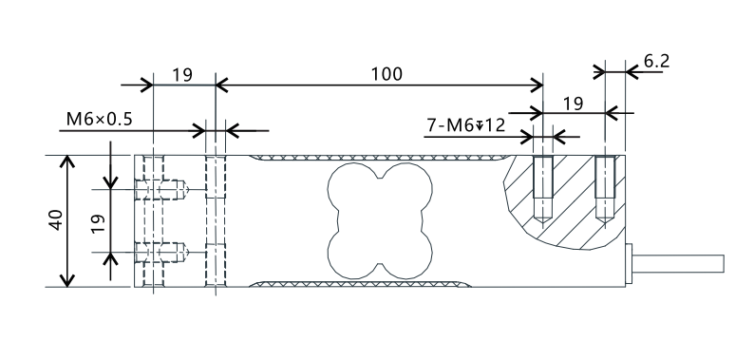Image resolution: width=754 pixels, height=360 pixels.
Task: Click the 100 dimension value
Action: [x=386, y=74]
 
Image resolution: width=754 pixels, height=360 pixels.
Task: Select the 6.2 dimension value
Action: [x=656, y=61]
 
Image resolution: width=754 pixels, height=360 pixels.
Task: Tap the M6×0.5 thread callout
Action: [x=99, y=119]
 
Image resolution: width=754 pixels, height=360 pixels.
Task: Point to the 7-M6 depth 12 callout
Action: [x=466, y=125]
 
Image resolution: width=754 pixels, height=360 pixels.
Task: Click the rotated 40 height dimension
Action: [x=56, y=220]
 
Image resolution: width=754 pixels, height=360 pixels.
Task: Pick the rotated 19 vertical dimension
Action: [x=98, y=224]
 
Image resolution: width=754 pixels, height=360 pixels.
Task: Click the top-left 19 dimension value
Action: [x=182, y=75]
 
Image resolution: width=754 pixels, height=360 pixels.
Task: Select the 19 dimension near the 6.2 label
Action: [x=573, y=104]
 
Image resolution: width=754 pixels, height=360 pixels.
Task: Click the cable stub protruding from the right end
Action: [x=678, y=264]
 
